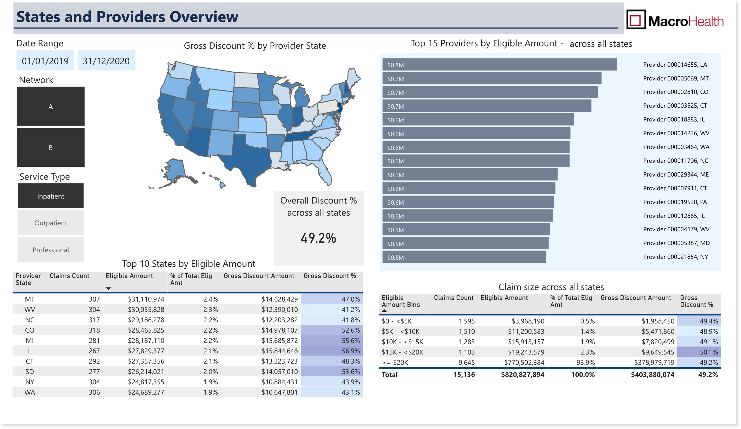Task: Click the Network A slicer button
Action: point(51,106)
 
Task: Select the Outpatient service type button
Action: point(51,223)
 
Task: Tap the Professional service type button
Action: point(51,250)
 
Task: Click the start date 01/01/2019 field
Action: point(45,61)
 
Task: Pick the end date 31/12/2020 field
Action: point(106,61)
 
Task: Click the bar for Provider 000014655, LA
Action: point(499,65)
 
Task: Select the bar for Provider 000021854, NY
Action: point(464,257)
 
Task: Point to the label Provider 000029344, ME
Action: point(676,174)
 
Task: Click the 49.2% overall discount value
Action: point(318,238)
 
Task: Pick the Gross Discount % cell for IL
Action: point(332,351)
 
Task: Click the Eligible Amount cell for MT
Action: point(146,299)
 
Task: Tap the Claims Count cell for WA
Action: point(94,392)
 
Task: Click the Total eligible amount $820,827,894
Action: point(522,375)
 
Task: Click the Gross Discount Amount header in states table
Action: point(259,276)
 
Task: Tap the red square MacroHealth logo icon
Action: point(636,20)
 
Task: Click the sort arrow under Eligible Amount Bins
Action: point(384,311)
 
